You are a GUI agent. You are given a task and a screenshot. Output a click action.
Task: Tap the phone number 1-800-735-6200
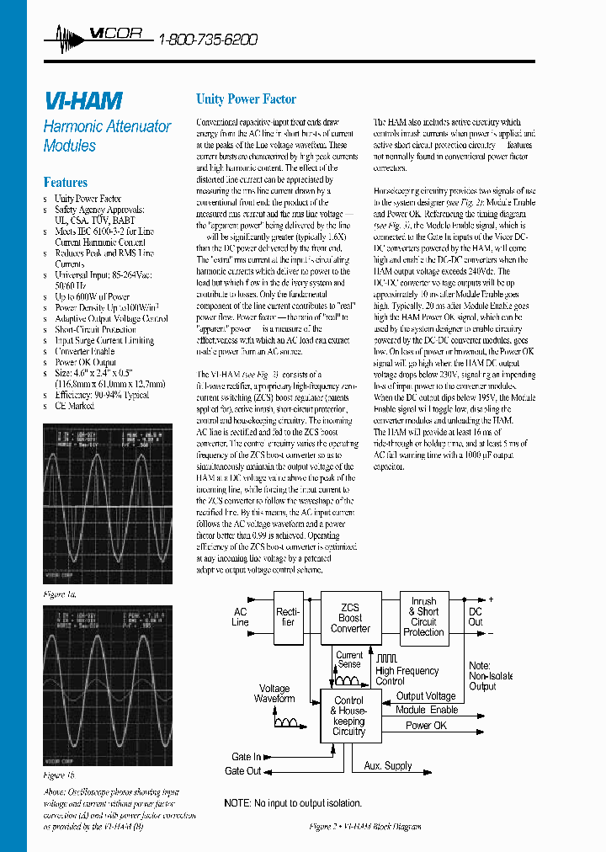(208, 40)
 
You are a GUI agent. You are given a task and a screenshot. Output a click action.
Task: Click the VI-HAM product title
(82, 102)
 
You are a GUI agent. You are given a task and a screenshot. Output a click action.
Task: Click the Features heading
(66, 182)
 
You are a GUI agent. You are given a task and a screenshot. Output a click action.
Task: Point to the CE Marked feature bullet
(75, 406)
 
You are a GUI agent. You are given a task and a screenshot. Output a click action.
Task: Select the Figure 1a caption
(60, 594)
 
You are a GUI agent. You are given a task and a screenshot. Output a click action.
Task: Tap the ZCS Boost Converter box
(350, 617)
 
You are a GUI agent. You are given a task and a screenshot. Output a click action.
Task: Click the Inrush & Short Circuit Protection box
(423, 617)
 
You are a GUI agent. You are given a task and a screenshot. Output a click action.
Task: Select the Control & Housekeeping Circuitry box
(349, 716)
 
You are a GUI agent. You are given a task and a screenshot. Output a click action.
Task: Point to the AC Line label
(241, 617)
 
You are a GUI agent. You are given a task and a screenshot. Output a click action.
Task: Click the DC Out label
(476, 617)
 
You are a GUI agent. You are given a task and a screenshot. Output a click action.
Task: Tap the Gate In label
(247, 757)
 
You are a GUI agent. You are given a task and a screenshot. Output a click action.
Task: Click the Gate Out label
(243, 770)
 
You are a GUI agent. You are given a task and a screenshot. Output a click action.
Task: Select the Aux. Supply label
(388, 765)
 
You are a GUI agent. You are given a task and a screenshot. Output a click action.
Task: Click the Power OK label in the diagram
(426, 725)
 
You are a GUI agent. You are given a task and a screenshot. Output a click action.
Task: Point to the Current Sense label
(349, 659)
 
